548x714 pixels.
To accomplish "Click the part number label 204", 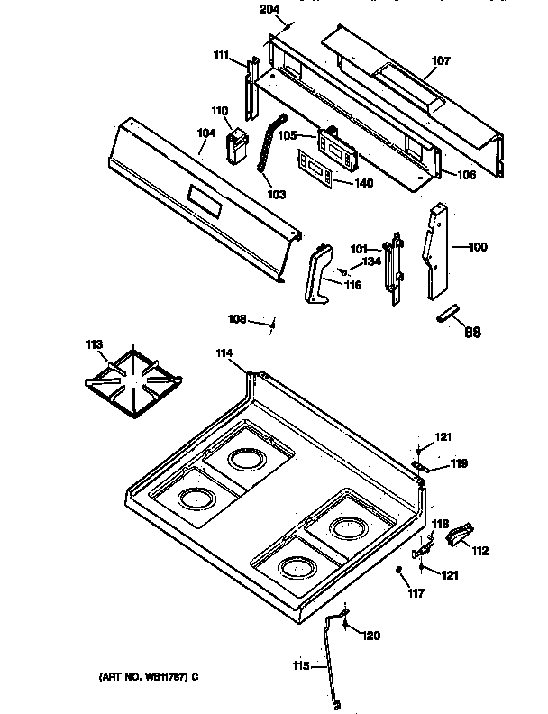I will pos(268,9).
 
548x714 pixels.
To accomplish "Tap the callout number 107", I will pos(440,62).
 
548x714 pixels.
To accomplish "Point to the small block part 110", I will pos(237,147).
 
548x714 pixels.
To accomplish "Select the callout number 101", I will pos(360,250).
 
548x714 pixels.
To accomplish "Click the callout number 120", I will pos(371,636).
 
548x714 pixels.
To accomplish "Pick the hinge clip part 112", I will pos(460,535).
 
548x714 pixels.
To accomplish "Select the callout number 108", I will pos(237,317).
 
